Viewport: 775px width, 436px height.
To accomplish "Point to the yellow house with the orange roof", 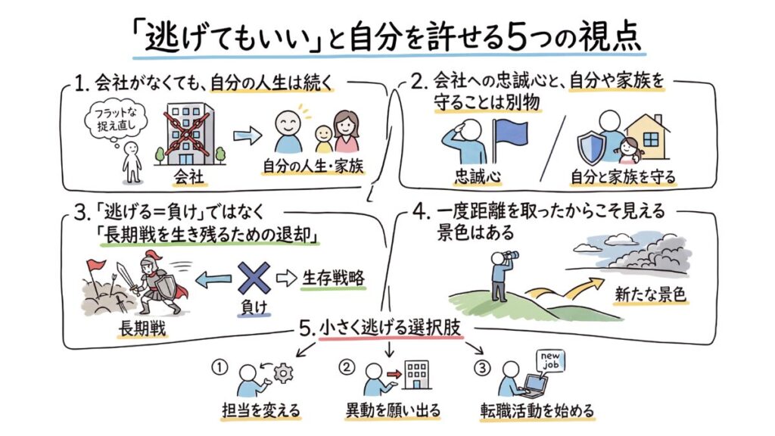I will [648, 137].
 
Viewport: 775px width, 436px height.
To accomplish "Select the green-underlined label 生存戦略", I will [333, 277].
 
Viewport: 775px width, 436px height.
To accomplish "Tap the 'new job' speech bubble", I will [552, 360].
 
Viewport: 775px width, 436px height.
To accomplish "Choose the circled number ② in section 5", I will [347, 368].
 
